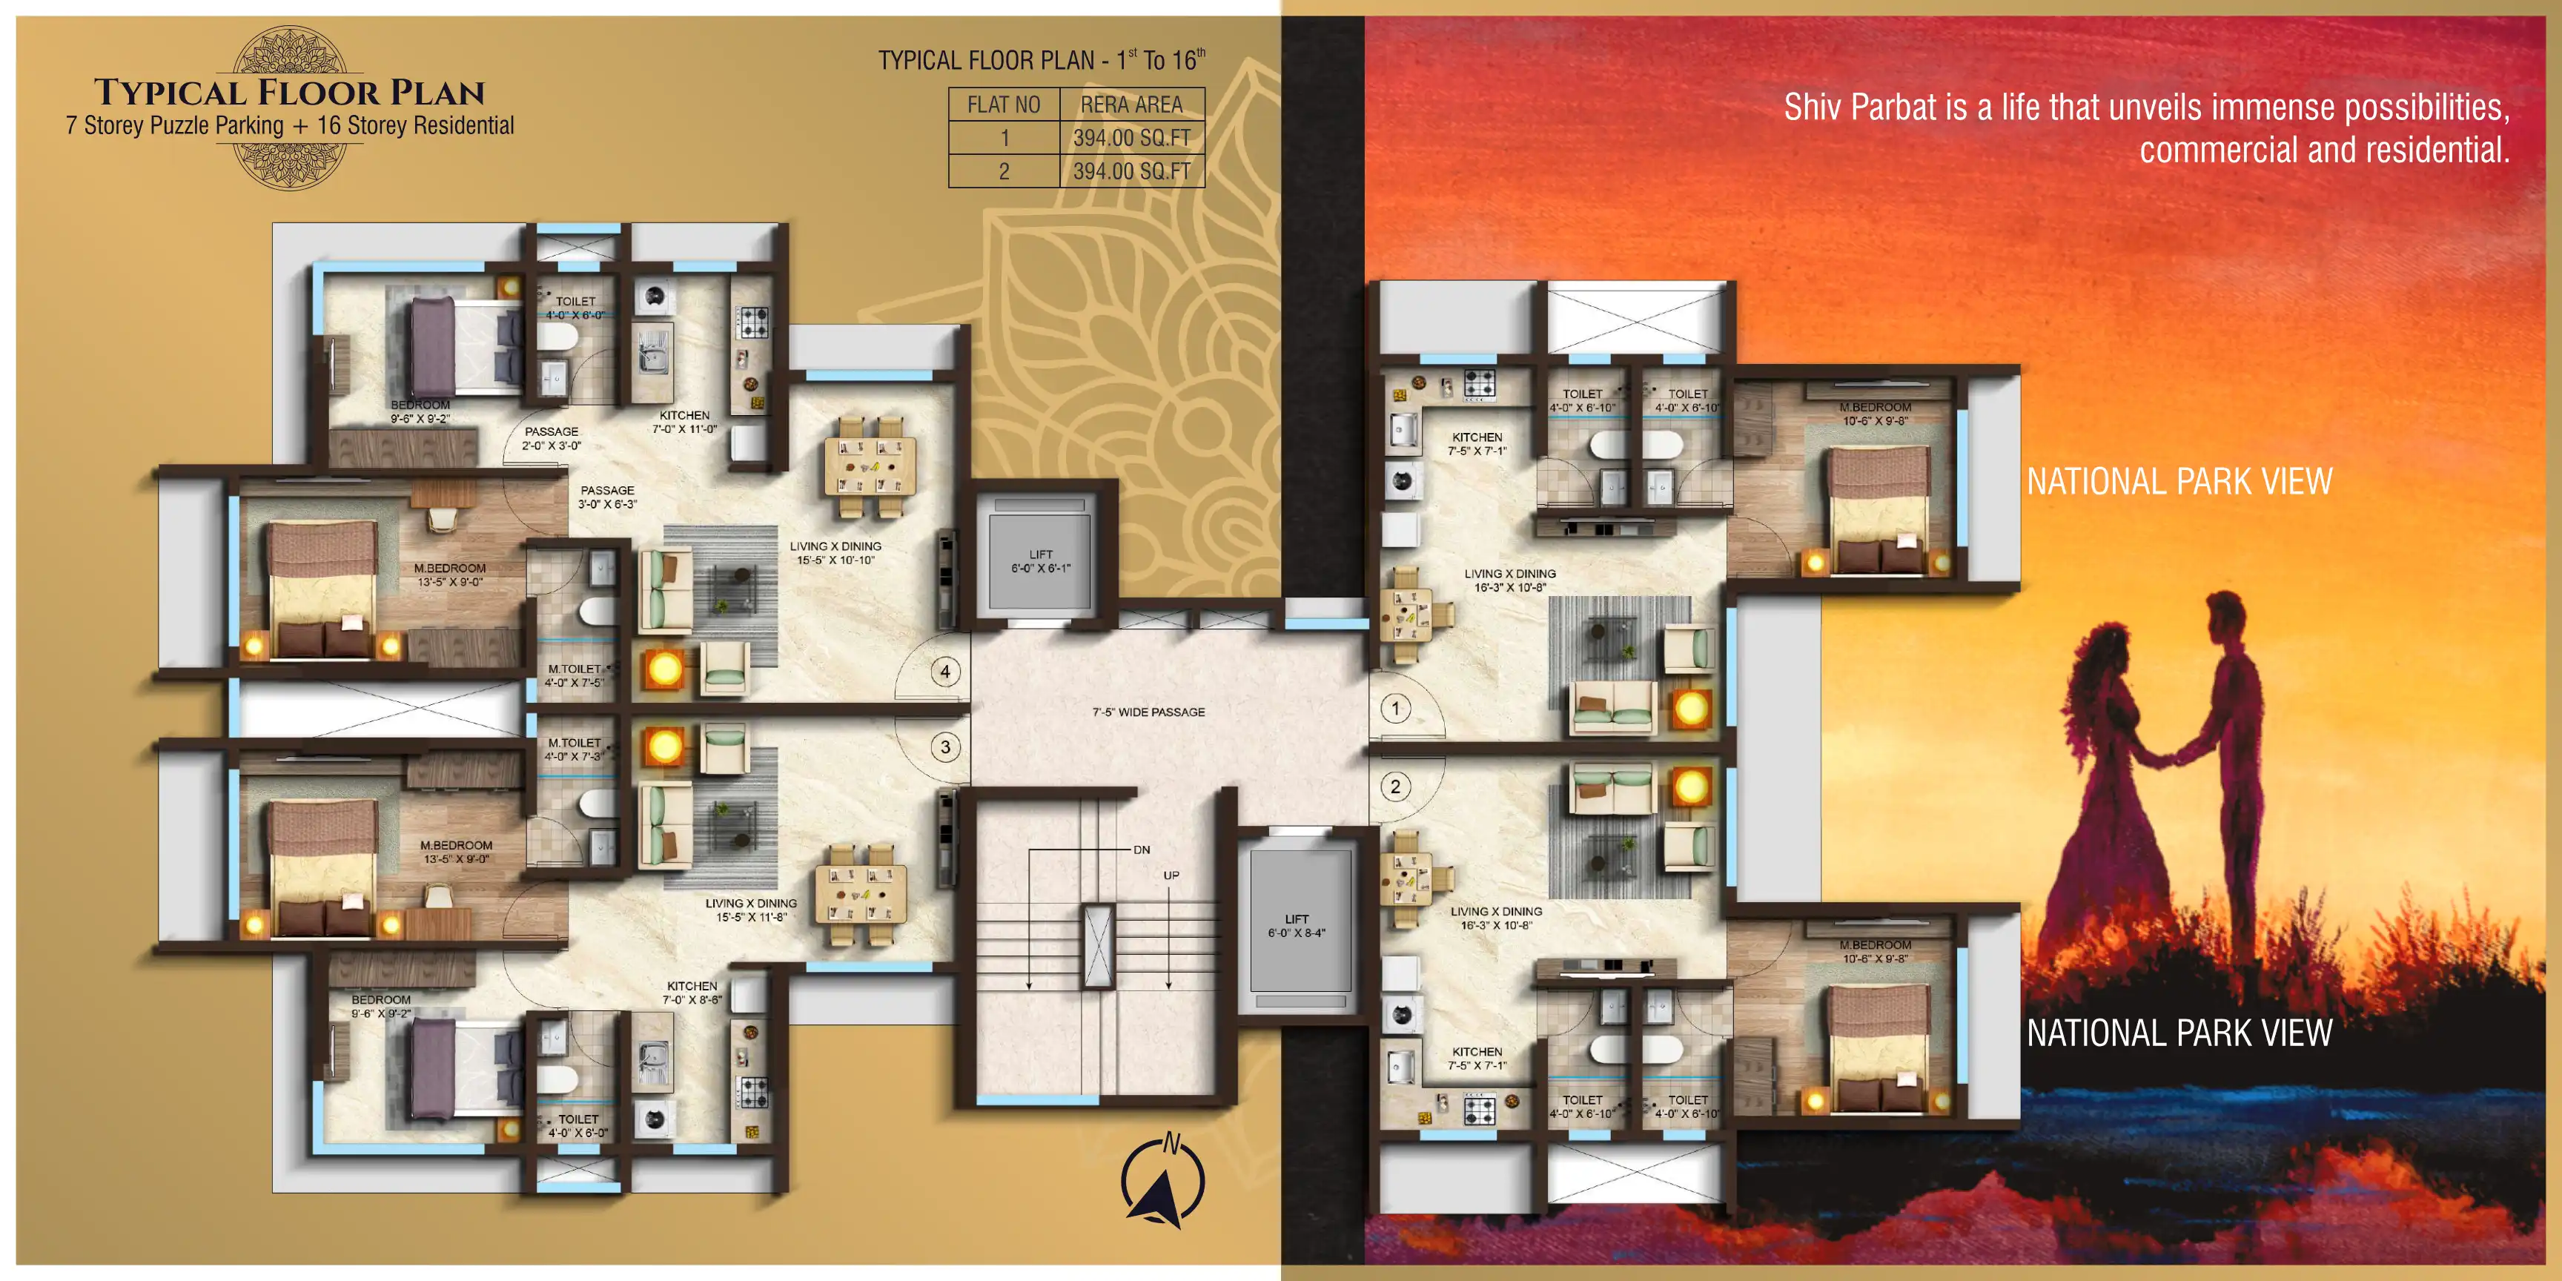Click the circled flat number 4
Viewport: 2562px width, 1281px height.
[945, 672]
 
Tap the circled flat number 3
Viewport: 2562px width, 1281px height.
[945, 747]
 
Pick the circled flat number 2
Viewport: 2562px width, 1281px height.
[1395, 787]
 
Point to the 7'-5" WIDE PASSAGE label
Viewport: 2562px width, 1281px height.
[1149, 712]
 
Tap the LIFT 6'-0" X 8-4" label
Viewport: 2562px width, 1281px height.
[1296, 926]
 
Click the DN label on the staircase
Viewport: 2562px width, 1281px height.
[1142, 850]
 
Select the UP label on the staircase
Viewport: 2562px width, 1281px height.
[1171, 875]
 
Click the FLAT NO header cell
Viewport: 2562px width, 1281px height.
[1004, 105]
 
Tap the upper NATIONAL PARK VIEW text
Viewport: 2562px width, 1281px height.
[2179, 483]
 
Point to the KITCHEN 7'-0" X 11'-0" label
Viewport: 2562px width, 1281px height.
[684, 422]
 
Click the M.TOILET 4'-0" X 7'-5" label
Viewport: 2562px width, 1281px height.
[575, 675]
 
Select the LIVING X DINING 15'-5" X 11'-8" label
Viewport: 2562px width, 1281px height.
[751, 910]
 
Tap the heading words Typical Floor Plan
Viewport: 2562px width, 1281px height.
[289, 93]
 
